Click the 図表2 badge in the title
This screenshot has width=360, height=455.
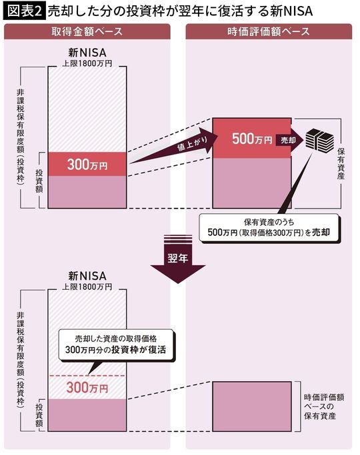(23, 11)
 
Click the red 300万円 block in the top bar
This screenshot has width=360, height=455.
(87, 164)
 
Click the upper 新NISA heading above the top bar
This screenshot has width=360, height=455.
(87, 53)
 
